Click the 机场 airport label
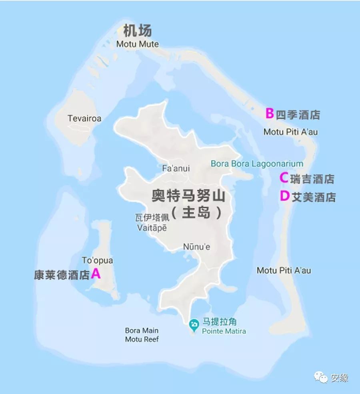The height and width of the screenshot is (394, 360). coord(137,31)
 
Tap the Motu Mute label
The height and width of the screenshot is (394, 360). coord(137,44)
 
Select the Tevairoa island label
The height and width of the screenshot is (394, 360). coord(84,119)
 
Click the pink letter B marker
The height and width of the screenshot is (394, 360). coord(270,114)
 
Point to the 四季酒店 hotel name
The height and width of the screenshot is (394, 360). coord(298,115)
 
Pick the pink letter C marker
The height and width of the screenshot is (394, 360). coord(284,177)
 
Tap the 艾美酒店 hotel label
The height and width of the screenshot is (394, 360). coord(314,197)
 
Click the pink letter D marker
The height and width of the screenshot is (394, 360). coord(284,196)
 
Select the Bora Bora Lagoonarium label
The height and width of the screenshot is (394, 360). coord(257,163)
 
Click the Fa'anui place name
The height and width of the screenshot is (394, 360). coord(176,168)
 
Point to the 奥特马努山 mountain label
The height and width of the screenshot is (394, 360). coord(188,197)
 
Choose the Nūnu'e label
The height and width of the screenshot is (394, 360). coord(196,247)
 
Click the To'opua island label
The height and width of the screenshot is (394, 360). coord(97,261)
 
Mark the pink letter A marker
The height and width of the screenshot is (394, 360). coord(96,274)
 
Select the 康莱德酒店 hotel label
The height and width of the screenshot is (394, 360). coord(62,275)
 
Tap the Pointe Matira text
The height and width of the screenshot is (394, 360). coord(224,331)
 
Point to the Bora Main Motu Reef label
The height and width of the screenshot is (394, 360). coord(142,335)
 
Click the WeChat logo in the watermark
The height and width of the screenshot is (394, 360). coord(321,377)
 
